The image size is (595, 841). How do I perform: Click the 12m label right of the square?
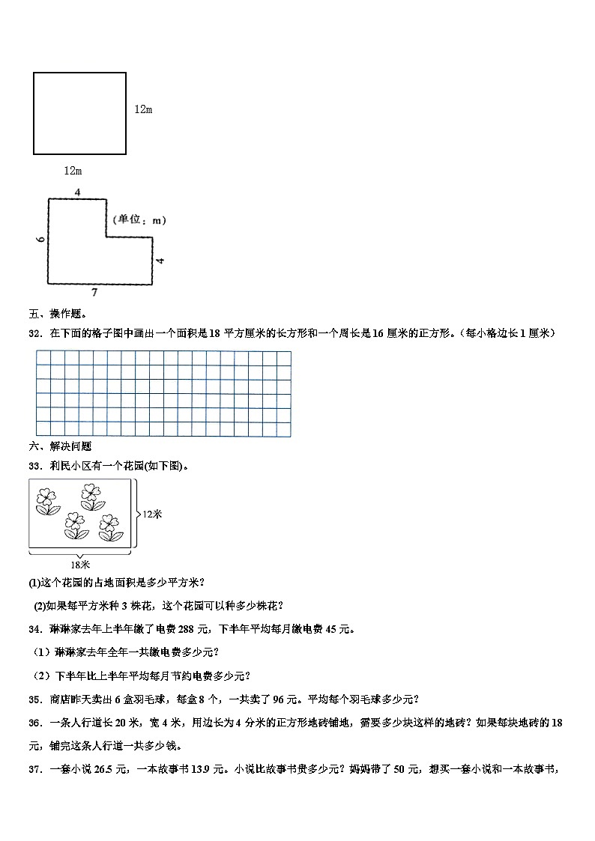coord(143,109)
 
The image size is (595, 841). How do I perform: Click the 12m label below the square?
coord(73,171)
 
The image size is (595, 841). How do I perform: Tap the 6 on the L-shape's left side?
coord(40,240)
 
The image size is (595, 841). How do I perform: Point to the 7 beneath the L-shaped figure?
coord(94,291)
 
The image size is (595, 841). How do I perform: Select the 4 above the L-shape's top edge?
coord(77,192)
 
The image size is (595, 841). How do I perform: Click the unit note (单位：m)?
coord(139,220)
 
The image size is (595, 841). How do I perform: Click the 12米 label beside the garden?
coord(152,514)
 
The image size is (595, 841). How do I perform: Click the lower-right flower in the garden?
coord(111,526)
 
